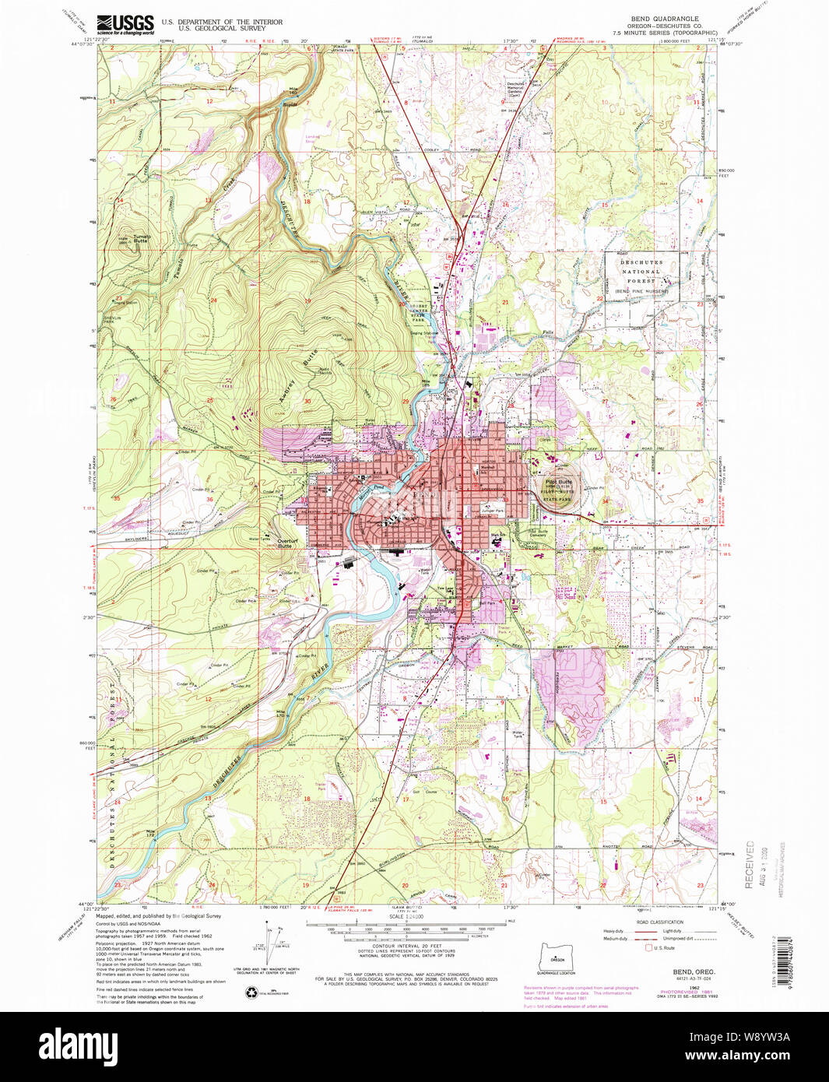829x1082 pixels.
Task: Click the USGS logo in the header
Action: (125, 25)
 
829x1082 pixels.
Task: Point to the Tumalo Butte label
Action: (141, 239)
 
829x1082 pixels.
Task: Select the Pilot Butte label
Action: (559, 483)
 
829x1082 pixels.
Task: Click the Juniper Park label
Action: (492, 511)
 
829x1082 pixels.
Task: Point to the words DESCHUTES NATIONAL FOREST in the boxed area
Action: (641, 272)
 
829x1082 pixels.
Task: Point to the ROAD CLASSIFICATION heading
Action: (659, 922)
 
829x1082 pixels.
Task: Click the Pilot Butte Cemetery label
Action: (539, 534)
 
